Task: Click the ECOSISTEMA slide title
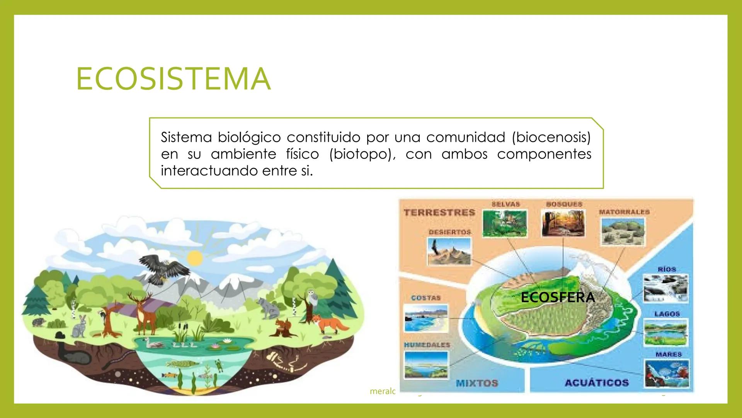tap(173, 79)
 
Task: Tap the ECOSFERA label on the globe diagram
tap(558, 297)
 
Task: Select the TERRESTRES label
tap(439, 212)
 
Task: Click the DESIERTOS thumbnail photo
tap(449, 251)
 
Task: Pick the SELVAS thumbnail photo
tap(505, 223)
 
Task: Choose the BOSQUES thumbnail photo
tap(563, 223)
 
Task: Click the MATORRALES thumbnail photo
tap(623, 231)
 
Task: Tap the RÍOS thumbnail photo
tap(665, 288)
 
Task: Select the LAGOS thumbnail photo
tap(665, 332)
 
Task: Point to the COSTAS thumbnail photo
tap(426, 318)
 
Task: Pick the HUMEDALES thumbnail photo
tap(426, 364)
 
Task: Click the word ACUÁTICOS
tap(597, 383)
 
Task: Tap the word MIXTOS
tap(477, 383)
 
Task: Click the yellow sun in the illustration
tap(194, 258)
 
